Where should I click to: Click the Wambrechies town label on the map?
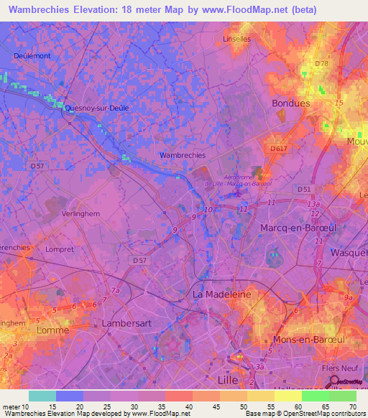[x=182, y=154]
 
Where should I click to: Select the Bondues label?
[x=290, y=103]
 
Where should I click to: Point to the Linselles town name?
[x=237, y=39]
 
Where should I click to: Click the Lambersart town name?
[x=126, y=323]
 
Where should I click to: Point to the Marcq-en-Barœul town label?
[x=293, y=228]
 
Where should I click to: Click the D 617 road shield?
[x=280, y=148]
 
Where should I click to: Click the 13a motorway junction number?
[x=313, y=204]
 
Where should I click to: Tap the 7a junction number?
[x=115, y=290]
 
